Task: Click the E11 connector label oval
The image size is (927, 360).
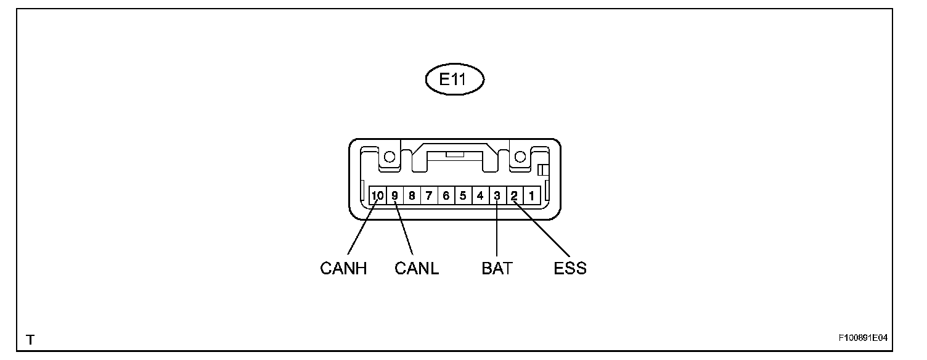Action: pyautogui.click(x=455, y=80)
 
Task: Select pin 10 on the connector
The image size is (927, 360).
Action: pyautogui.click(x=377, y=196)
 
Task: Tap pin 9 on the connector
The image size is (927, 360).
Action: pyautogui.click(x=394, y=196)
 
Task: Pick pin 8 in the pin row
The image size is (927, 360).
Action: pyautogui.click(x=412, y=196)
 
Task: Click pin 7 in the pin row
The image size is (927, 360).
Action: pyautogui.click(x=428, y=196)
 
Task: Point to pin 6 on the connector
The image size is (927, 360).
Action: pyautogui.click(x=446, y=196)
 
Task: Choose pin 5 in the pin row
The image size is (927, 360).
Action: pyautogui.click(x=463, y=196)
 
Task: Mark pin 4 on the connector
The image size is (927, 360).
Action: pyautogui.click(x=480, y=196)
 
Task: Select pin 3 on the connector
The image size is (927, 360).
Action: pyautogui.click(x=497, y=196)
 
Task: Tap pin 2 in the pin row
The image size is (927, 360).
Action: pyautogui.click(x=514, y=196)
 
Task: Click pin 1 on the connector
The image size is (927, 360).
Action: pyautogui.click(x=531, y=196)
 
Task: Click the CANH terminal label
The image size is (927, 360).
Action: pyautogui.click(x=344, y=269)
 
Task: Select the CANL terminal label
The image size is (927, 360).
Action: pyautogui.click(x=417, y=269)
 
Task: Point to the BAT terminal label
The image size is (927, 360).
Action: pyautogui.click(x=497, y=269)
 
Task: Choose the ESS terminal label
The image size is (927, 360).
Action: pyautogui.click(x=570, y=269)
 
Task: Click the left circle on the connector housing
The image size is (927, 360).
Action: pyautogui.click(x=390, y=157)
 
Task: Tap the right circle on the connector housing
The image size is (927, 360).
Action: pyautogui.click(x=520, y=157)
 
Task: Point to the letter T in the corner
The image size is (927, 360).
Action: pyautogui.click(x=29, y=340)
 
